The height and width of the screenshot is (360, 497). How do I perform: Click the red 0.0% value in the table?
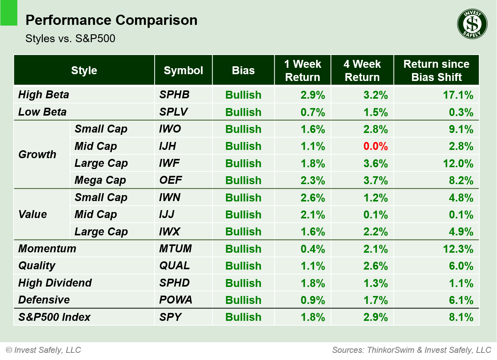coord(375,146)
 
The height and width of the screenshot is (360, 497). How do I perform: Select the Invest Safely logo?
coord(472,24)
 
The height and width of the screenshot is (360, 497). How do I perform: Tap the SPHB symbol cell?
coord(174,95)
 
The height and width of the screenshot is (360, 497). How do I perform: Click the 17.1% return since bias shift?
coord(458,95)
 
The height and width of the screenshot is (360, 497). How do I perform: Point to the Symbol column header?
coord(183,70)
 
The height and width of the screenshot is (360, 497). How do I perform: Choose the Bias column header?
coord(243,70)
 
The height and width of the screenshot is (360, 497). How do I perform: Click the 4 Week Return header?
coord(362,70)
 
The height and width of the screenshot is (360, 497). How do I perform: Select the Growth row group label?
coord(37,154)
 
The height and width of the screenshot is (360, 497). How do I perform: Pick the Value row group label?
coord(33,214)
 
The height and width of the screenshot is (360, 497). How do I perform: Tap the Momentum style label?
coord(47,249)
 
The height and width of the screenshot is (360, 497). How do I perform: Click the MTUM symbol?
coord(175,249)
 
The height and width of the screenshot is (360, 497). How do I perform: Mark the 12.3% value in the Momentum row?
coord(458,249)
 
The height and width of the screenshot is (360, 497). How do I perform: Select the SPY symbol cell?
coord(170,317)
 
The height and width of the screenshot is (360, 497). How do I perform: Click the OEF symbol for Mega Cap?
coord(170,180)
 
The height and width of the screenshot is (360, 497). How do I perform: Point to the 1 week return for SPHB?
coord(312,95)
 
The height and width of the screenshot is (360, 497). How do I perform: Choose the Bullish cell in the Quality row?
coord(243,266)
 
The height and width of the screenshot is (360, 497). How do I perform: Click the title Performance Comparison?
coord(111,20)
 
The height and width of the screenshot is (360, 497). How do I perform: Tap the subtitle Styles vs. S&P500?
coord(70,38)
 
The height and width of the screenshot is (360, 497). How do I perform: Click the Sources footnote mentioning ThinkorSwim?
coord(411,350)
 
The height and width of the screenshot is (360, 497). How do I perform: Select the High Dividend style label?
coord(55,283)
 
